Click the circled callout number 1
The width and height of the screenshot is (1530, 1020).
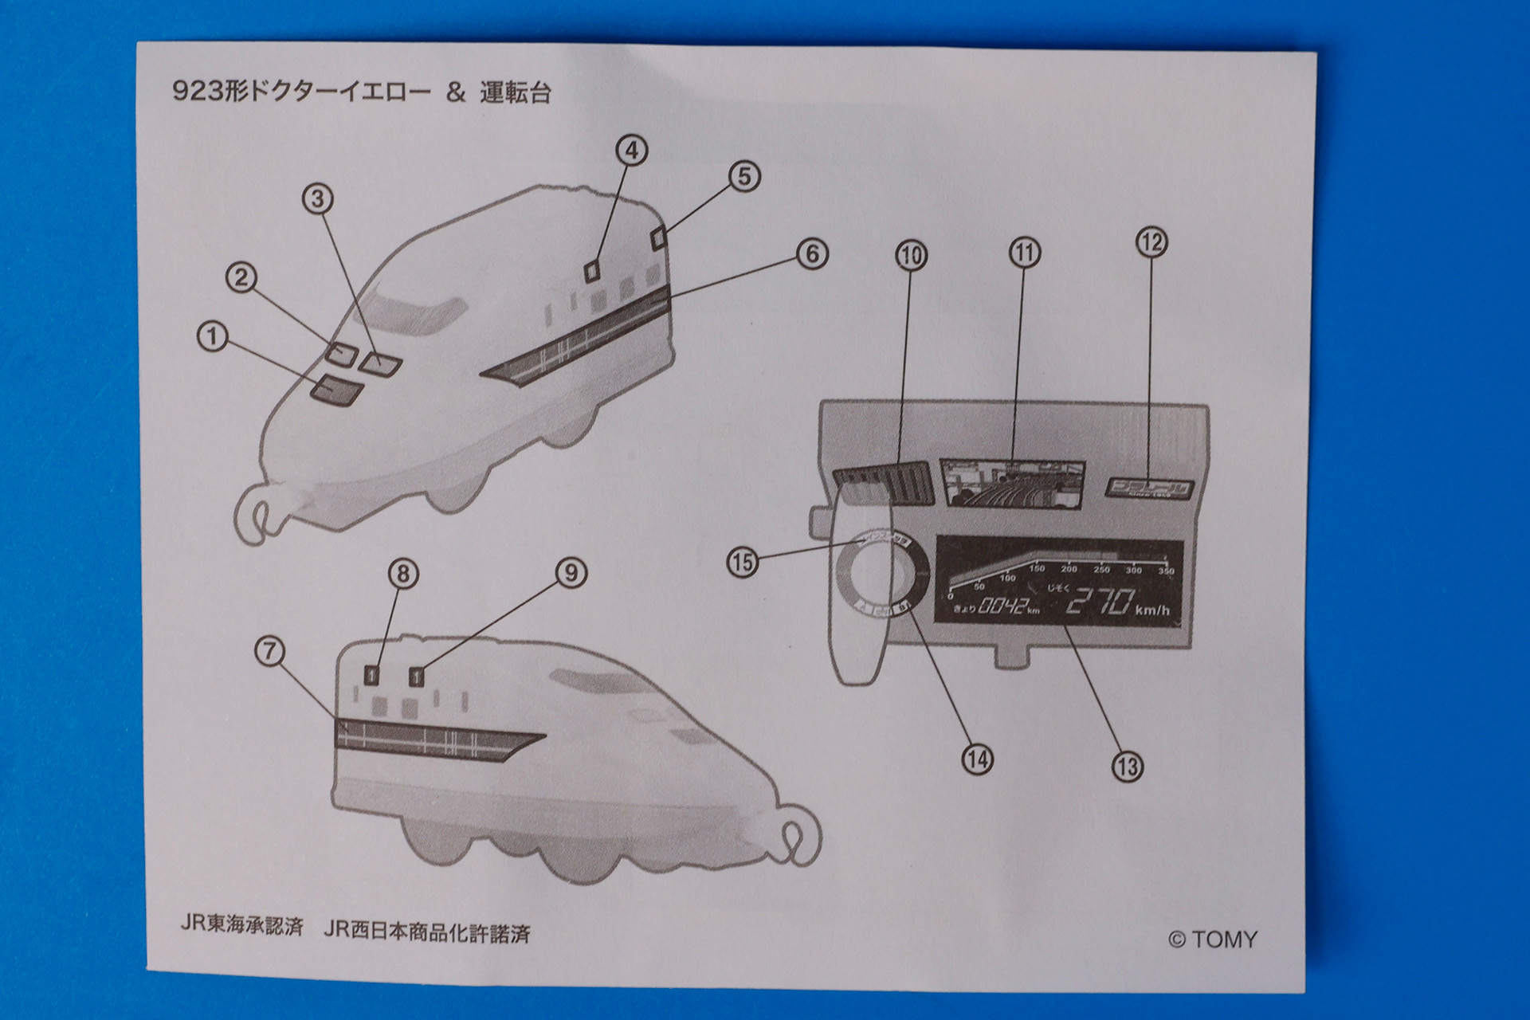[x=213, y=337]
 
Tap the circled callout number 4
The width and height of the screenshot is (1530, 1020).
[x=632, y=151]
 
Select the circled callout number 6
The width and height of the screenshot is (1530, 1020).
[x=812, y=254]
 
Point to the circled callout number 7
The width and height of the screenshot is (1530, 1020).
[x=270, y=651]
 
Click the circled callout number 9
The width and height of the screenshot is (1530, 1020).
[x=571, y=572]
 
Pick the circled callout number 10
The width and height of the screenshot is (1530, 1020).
[x=912, y=256]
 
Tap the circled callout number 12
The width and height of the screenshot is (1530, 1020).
[x=1151, y=242]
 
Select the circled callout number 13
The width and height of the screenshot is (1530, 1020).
[x=1127, y=766]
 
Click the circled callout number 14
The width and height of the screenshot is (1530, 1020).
[x=977, y=759]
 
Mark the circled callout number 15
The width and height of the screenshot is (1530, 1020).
[x=742, y=562]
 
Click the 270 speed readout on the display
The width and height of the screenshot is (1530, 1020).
[x=1100, y=602]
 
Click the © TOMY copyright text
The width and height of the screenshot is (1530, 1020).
[x=1212, y=940]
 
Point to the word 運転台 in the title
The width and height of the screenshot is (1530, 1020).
[x=515, y=93]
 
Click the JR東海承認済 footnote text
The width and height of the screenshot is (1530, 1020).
[x=241, y=926]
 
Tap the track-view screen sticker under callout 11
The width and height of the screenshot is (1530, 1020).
[x=1011, y=482]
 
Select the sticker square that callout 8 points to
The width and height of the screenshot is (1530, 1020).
[x=372, y=675]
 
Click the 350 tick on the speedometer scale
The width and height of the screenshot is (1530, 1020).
[x=1166, y=571]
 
